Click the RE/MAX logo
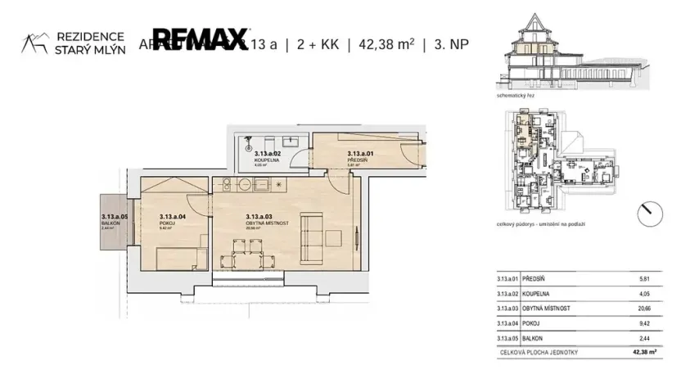tap(201, 38)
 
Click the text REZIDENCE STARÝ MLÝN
tap(88, 43)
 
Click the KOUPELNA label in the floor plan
tap(268, 160)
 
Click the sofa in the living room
tap(312, 231)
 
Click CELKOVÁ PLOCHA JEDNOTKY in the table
tap(534, 353)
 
